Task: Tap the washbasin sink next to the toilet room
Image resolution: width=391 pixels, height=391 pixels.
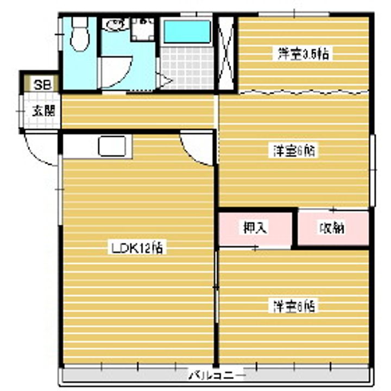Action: point(113,24)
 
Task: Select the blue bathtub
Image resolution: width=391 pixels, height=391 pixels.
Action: point(187,32)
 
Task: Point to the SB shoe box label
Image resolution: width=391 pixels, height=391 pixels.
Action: point(40,85)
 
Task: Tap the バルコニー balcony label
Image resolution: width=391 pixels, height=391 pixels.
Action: point(217,375)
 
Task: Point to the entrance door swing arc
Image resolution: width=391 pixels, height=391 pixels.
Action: point(40,150)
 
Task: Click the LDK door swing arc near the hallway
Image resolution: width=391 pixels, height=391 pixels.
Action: point(197,149)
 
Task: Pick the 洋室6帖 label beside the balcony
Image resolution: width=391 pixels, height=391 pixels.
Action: point(294,306)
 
